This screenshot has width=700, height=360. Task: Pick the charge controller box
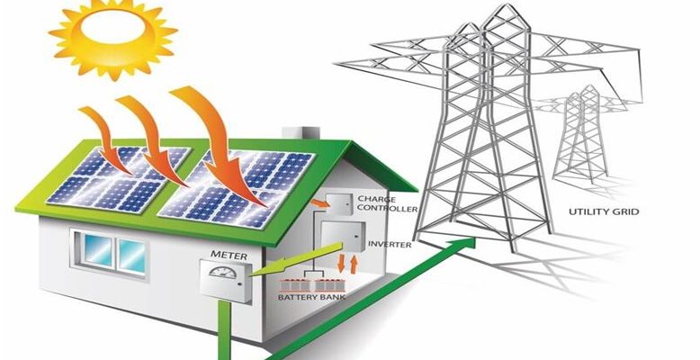coord(338,205)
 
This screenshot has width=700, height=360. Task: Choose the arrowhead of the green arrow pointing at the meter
coord(255,268)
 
